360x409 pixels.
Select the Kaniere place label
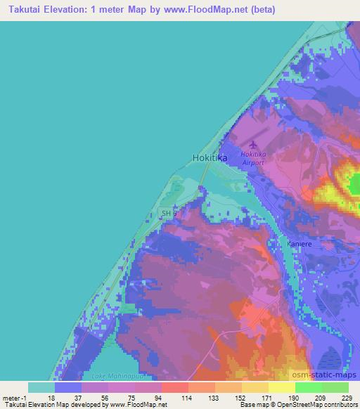pos(300,243)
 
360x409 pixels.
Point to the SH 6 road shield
pos(169,213)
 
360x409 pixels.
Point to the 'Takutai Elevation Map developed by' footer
pos(49,405)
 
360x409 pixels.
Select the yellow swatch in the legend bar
pos(255,387)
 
